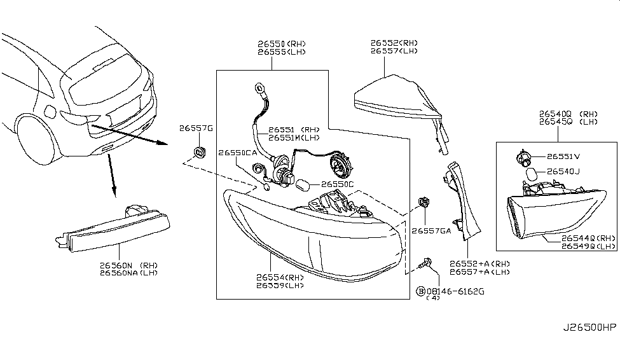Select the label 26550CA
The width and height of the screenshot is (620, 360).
238,153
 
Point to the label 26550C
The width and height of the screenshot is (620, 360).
337,184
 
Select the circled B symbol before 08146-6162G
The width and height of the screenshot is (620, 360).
420,291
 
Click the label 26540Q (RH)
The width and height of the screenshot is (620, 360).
569,113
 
